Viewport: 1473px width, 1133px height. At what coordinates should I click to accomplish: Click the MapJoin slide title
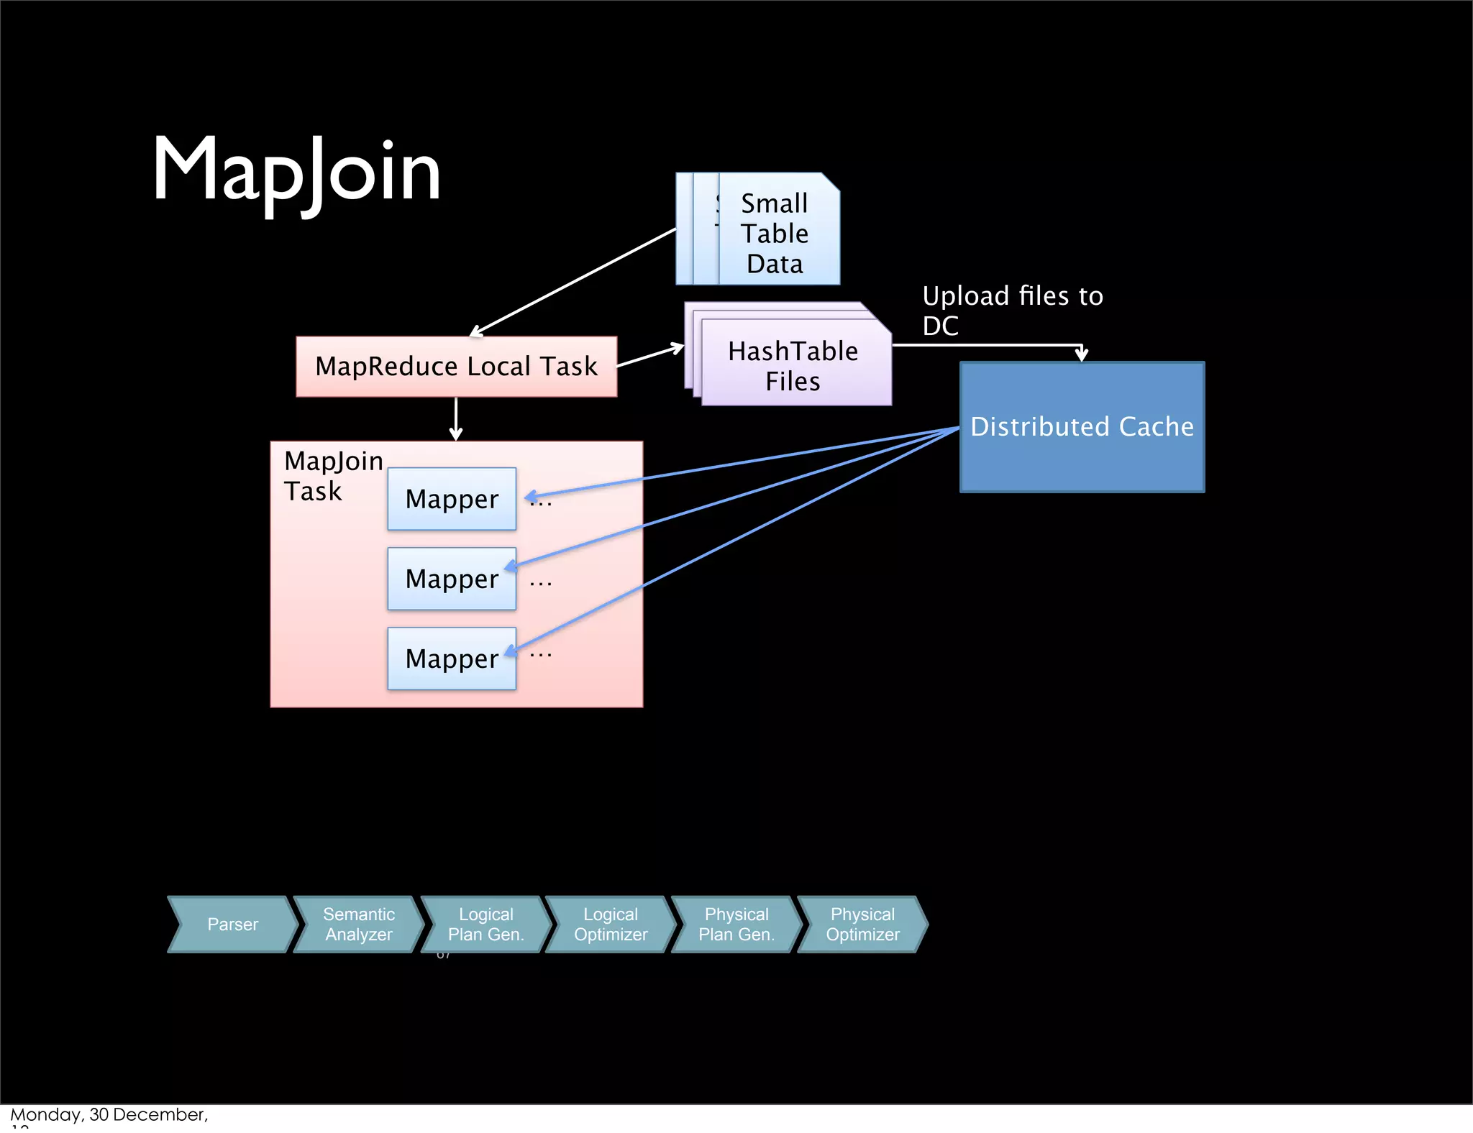pos(296,171)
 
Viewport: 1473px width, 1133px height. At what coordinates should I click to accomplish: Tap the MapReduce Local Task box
pos(456,367)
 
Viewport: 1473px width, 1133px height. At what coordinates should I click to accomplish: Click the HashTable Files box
pos(793,366)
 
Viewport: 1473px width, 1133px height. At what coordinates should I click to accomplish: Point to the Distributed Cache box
pos(1082,426)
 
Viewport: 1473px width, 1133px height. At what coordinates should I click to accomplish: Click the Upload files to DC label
pos(1012,310)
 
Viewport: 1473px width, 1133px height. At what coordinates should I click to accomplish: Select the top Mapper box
pos(452,499)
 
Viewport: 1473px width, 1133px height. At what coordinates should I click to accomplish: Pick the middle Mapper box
pos(452,579)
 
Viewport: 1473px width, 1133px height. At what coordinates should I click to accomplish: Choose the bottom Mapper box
pos(452,659)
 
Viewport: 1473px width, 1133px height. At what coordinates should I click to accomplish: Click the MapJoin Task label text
pos(332,475)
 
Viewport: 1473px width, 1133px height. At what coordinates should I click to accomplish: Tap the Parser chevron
pos(232,925)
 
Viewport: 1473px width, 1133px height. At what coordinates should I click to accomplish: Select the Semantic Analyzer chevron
pos(358,925)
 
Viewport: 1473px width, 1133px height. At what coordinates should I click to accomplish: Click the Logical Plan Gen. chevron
pos(485,925)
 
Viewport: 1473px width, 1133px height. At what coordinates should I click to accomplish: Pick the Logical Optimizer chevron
pos(611,925)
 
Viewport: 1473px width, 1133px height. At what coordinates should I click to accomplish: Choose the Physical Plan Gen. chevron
pos(736,925)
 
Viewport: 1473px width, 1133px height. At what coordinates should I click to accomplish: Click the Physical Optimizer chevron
pos(862,925)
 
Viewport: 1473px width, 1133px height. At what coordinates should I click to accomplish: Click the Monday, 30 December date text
pos(109,1115)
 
